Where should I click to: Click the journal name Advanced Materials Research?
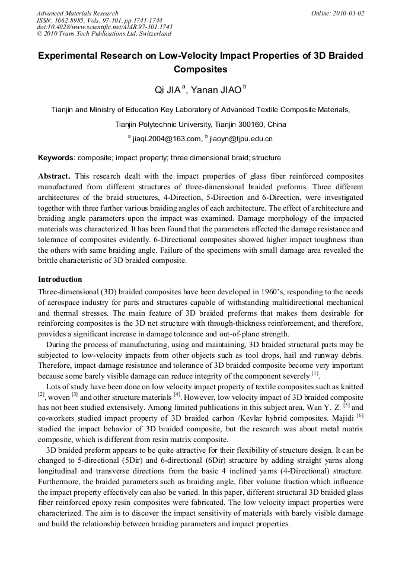pyautogui.click(x=78, y=13)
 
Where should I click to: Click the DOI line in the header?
pyautogui.click(x=105, y=27)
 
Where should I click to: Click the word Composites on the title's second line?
pyautogui.click(x=201, y=69)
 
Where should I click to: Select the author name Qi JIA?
pyautogui.click(x=168, y=90)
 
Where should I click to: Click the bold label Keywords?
pyautogui.click(x=56, y=158)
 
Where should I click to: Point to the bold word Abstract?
pyautogui.click(x=54, y=177)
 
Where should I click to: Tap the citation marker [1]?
pyautogui.click(x=315, y=374)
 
